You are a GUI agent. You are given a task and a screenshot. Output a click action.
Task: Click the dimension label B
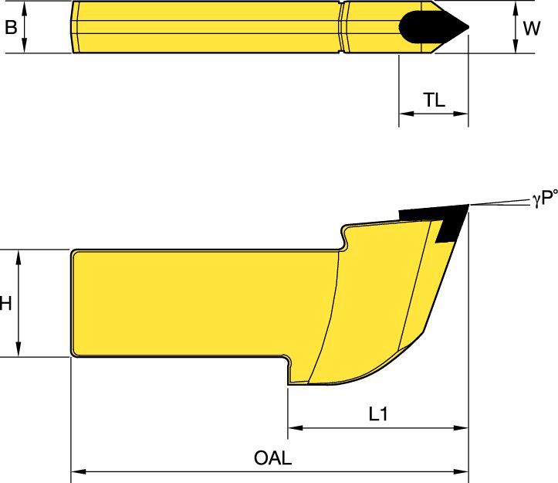11,27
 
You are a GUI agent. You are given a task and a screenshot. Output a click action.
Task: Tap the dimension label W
532,28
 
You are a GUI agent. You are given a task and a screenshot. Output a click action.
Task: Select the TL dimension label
435,100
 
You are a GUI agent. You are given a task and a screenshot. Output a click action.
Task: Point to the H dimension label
6,304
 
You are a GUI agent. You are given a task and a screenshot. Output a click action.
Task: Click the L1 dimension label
378,414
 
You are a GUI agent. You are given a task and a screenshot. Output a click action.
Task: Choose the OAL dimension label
272,457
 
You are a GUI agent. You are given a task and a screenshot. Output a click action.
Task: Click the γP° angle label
545,199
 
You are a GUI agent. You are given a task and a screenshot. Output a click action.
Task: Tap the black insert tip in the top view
432,27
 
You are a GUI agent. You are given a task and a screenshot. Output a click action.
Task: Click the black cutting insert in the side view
441,218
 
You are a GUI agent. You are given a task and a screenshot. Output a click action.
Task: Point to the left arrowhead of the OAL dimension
78,471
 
